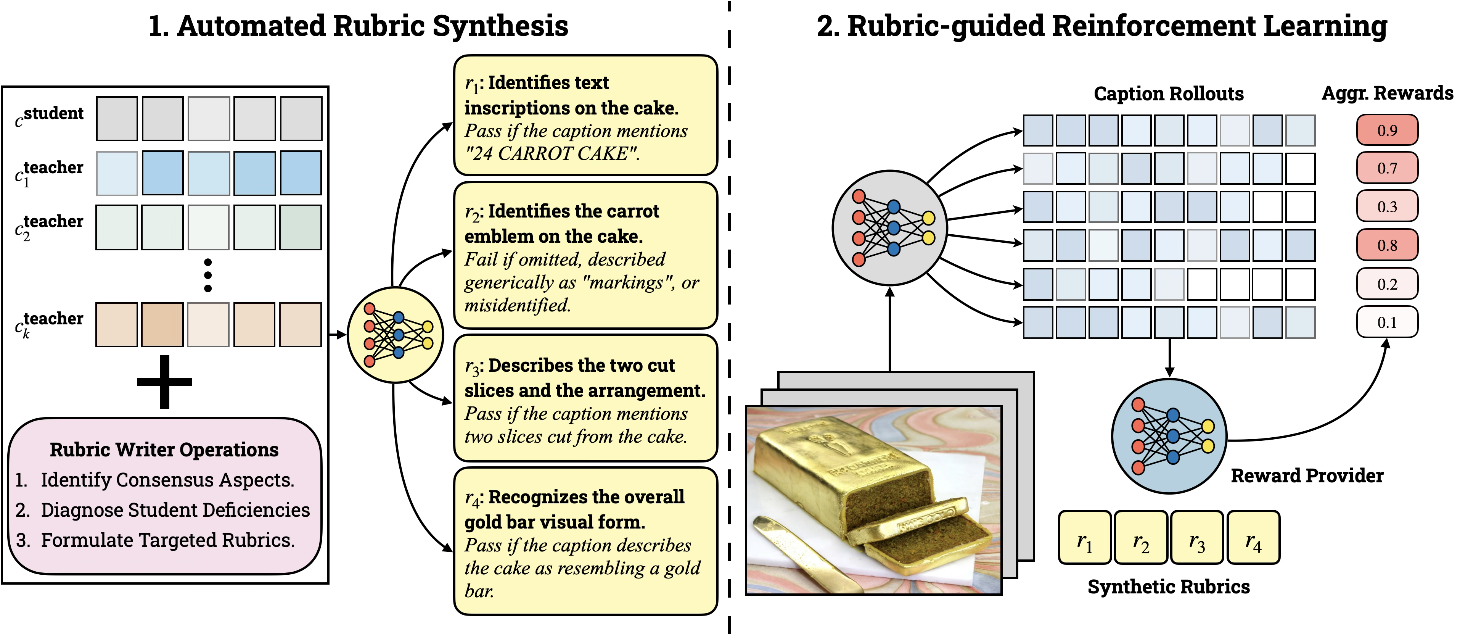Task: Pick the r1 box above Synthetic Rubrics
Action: point(1084,537)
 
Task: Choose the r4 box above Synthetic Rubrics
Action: point(1253,537)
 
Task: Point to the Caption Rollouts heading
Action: point(1169,93)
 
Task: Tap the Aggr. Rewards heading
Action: point(1388,93)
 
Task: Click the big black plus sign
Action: point(164,382)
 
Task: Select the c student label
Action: point(49,117)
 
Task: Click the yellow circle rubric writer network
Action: point(395,335)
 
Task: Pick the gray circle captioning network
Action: point(889,228)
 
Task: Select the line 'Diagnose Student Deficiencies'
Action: point(175,510)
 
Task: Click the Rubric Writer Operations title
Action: point(164,450)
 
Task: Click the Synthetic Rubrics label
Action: point(1169,587)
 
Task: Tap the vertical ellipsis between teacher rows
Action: point(208,276)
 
